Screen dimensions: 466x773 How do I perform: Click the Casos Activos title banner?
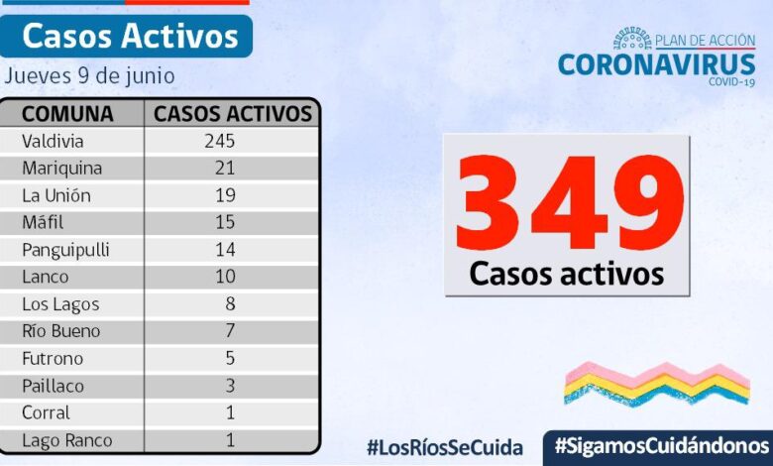pyautogui.click(x=130, y=36)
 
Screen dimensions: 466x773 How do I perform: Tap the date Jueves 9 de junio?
pyautogui.click(x=90, y=75)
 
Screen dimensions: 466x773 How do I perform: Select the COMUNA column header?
pyautogui.click(x=67, y=113)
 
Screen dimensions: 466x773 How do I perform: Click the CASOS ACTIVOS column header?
pyautogui.click(x=233, y=113)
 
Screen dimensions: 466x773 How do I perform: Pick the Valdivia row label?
pyautogui.click(x=53, y=141)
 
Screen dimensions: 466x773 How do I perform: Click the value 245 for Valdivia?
pyautogui.click(x=219, y=141)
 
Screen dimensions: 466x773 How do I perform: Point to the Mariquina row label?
pyautogui.click(x=61, y=168)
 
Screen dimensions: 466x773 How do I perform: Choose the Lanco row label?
pyautogui.click(x=46, y=277)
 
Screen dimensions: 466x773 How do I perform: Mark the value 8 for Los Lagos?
pyautogui.click(x=229, y=304)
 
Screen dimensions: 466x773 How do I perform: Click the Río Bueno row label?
pyautogui.click(x=61, y=331)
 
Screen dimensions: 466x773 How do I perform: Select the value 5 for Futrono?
pyautogui.click(x=229, y=359)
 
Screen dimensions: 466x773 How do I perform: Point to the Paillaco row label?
pyautogui.click(x=54, y=386)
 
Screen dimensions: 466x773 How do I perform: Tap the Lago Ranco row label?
pyautogui.click(x=67, y=440)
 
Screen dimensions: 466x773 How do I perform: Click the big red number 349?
pyautogui.click(x=567, y=204)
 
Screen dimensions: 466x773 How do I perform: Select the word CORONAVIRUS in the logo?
pyautogui.click(x=656, y=64)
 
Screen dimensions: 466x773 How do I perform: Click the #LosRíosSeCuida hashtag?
pyautogui.click(x=444, y=447)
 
